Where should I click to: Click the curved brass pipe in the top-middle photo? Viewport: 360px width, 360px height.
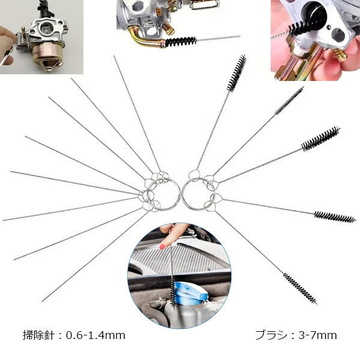[143, 39]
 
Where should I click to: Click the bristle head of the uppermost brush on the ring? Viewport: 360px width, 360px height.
[236, 72]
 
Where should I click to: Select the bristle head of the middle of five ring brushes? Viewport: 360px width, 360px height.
[320, 139]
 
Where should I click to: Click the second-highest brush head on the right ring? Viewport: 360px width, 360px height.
[289, 100]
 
